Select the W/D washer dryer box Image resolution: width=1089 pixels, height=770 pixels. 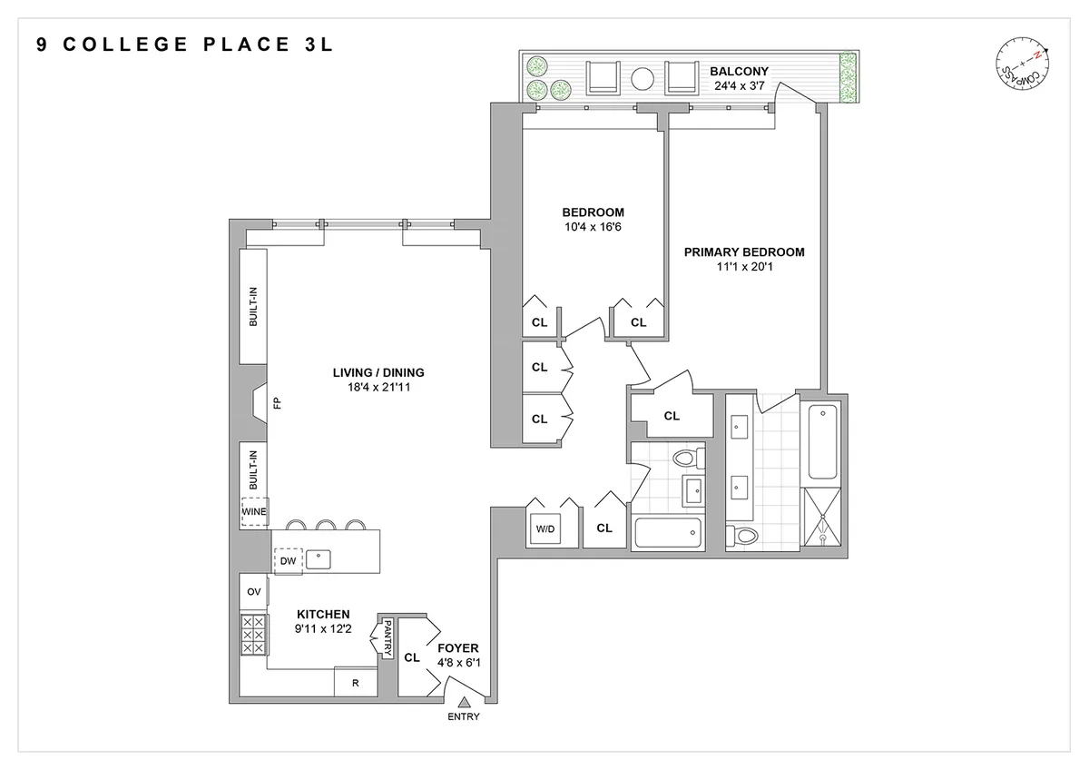(x=544, y=528)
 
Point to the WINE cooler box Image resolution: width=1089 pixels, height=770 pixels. (x=255, y=511)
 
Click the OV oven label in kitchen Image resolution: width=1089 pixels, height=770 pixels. (x=254, y=592)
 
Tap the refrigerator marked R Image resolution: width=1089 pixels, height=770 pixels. (x=355, y=683)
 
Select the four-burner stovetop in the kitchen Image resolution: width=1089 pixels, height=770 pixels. (x=253, y=634)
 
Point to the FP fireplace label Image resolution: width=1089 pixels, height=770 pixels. (x=279, y=403)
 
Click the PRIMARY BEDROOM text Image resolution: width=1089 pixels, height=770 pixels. (x=744, y=252)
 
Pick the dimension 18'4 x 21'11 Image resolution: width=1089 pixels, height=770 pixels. (x=378, y=388)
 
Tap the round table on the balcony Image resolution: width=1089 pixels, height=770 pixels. (x=643, y=78)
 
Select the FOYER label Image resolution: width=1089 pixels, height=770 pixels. (x=457, y=648)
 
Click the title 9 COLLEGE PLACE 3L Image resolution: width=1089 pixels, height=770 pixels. (x=185, y=44)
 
